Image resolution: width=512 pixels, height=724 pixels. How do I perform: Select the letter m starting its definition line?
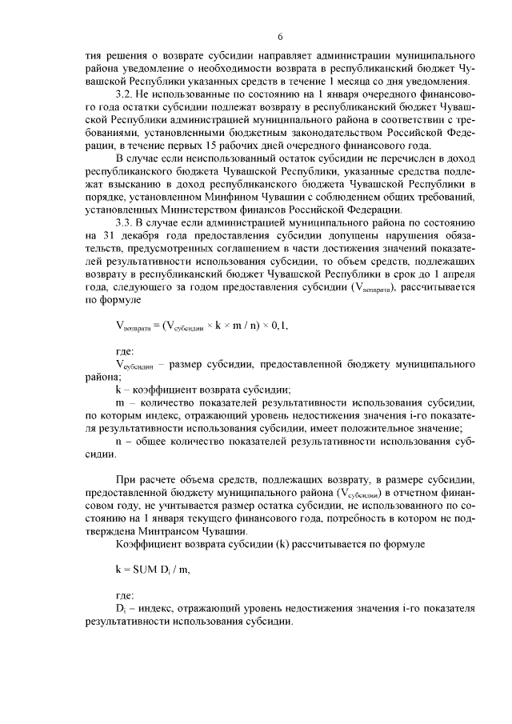[x=119, y=402]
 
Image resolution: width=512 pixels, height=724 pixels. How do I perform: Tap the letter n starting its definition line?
[x=118, y=441]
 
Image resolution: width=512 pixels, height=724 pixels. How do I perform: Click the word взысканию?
[x=106, y=183]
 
